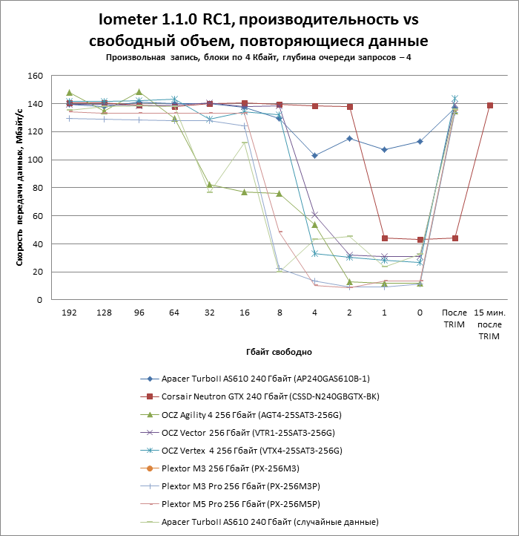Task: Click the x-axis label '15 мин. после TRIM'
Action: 489,325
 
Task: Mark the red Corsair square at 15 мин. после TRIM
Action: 490,105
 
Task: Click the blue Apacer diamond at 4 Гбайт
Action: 314,156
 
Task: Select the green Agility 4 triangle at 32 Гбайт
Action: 210,185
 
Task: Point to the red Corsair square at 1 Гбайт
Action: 385,238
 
